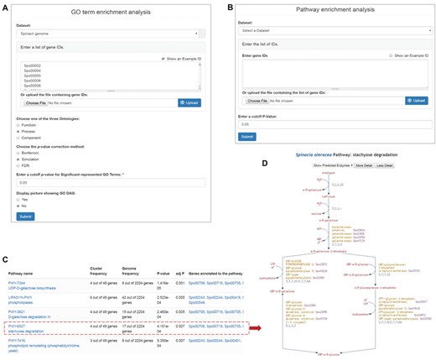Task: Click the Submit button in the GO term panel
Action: [25, 216]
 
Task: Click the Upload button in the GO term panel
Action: [189, 102]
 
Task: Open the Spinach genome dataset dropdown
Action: [109, 34]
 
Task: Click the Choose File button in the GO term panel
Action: [38, 102]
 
